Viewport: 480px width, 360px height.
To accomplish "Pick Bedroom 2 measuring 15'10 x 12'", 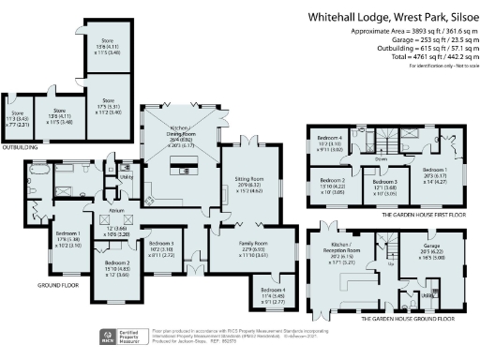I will pos(116,266).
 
